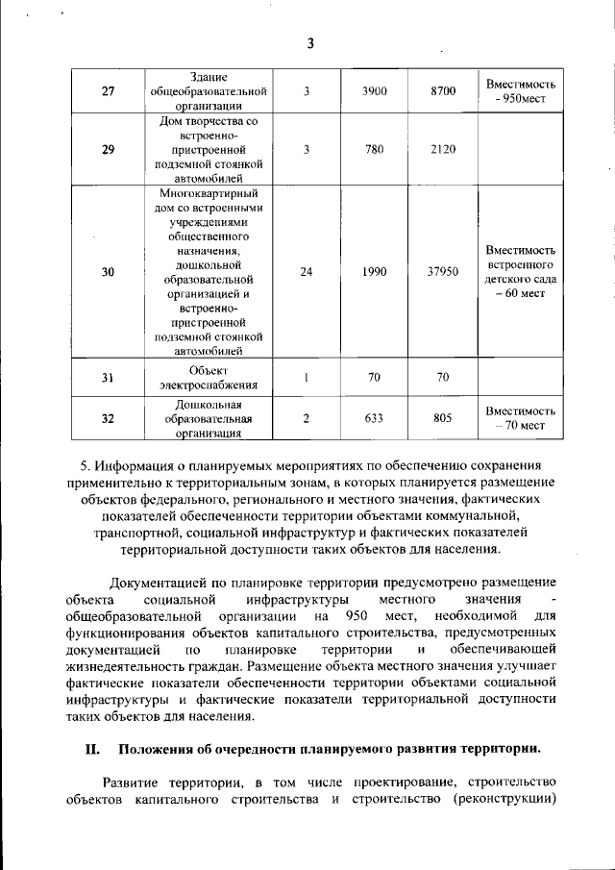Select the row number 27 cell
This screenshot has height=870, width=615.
pos(108,92)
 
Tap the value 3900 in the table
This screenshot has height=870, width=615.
pos(375,92)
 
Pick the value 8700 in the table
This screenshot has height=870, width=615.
pos(442,92)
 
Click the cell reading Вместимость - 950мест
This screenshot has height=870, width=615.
pos(521,92)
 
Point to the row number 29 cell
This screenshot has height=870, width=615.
pos(108,150)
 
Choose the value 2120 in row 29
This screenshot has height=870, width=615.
pos(442,150)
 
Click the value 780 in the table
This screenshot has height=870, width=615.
pos(375,150)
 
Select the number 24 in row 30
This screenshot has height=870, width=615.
pos(306,272)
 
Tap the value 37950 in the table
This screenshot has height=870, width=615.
pos(442,272)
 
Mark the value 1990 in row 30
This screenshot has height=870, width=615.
pos(375,272)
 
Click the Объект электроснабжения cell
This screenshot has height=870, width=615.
pos(209,378)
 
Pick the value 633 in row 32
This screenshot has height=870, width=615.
pos(375,418)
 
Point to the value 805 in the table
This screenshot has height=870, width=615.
pos(442,418)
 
